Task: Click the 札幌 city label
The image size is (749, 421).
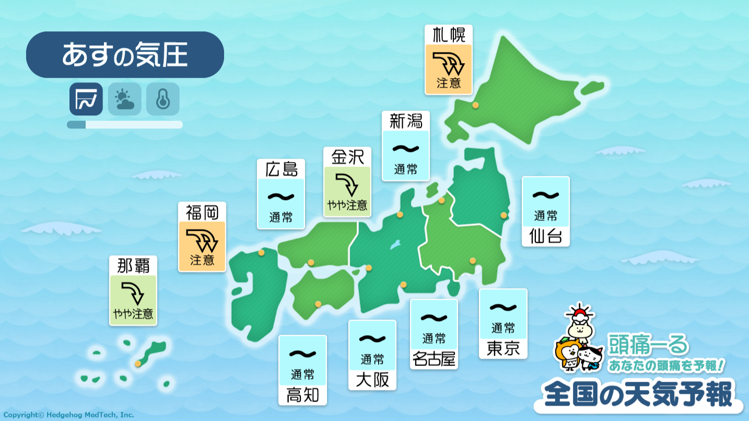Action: click(x=449, y=35)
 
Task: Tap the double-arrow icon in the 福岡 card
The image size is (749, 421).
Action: click(x=202, y=240)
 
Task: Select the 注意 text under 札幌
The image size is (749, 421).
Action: click(x=449, y=84)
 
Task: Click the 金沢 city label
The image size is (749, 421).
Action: click(x=347, y=157)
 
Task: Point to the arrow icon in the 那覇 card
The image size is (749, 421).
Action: click(x=133, y=293)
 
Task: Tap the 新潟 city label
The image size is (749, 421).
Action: click(x=406, y=121)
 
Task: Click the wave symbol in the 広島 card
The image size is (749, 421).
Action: click(x=281, y=197)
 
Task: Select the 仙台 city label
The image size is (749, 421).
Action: click(x=545, y=236)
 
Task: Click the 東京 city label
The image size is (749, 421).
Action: click(x=503, y=348)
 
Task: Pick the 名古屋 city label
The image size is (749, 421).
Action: click(x=434, y=359)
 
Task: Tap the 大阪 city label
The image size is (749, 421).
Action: click(x=372, y=380)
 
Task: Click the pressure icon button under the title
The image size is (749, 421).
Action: click(x=86, y=99)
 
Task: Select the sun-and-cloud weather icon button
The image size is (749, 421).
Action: click(x=124, y=99)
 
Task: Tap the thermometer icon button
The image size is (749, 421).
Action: click(x=163, y=99)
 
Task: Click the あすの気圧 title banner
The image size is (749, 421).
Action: click(x=125, y=55)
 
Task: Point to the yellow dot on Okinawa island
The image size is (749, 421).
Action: click(x=138, y=364)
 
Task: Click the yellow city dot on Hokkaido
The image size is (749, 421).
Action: click(x=475, y=105)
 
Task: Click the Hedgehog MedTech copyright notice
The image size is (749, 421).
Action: click(x=68, y=415)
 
